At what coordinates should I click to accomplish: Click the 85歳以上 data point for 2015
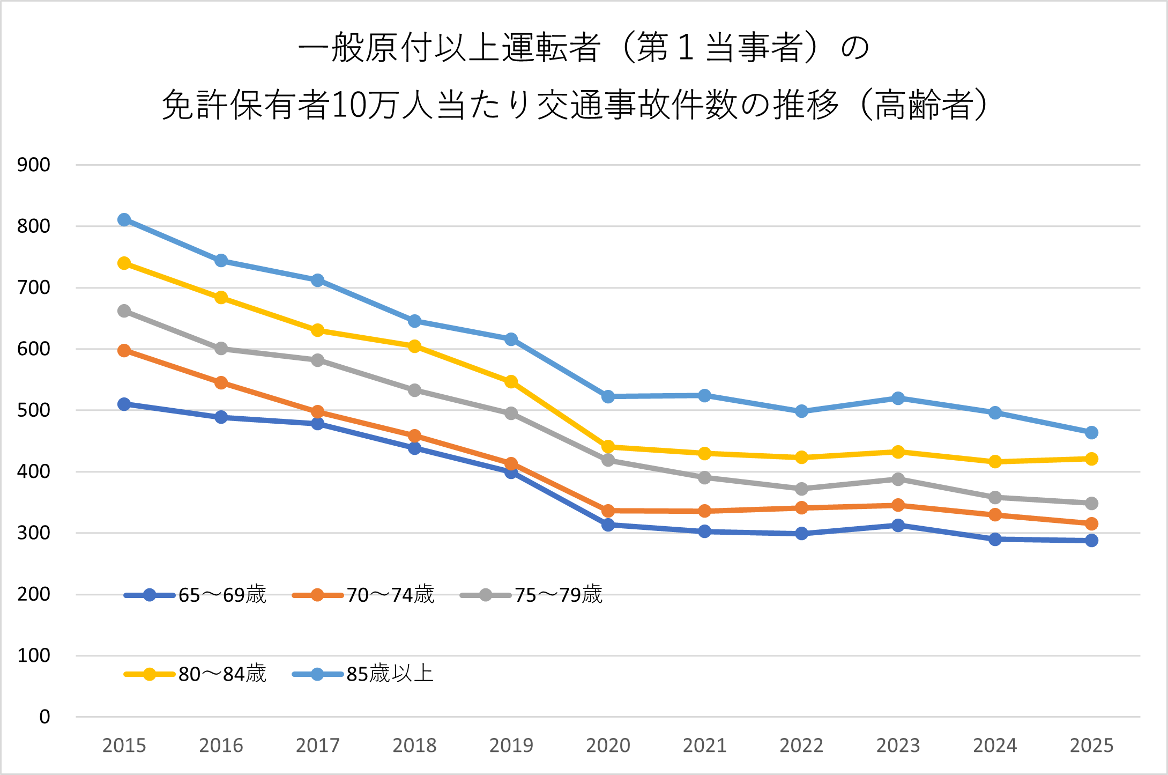click(124, 220)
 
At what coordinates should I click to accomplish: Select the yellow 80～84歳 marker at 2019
click(511, 382)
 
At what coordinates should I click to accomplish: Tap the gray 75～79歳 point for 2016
click(221, 349)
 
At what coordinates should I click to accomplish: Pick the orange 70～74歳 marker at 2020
click(608, 511)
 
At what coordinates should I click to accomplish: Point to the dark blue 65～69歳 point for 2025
click(1091, 541)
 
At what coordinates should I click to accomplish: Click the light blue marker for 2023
click(898, 398)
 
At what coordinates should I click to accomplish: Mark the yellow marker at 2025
click(1091, 459)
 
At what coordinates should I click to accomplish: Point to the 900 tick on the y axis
click(34, 165)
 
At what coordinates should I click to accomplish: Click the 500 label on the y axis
click(34, 410)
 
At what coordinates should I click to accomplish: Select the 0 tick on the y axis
click(44, 717)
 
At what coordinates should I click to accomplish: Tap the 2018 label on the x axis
click(414, 746)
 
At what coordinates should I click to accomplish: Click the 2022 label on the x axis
click(801, 746)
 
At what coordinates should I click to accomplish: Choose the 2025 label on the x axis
click(1091, 746)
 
